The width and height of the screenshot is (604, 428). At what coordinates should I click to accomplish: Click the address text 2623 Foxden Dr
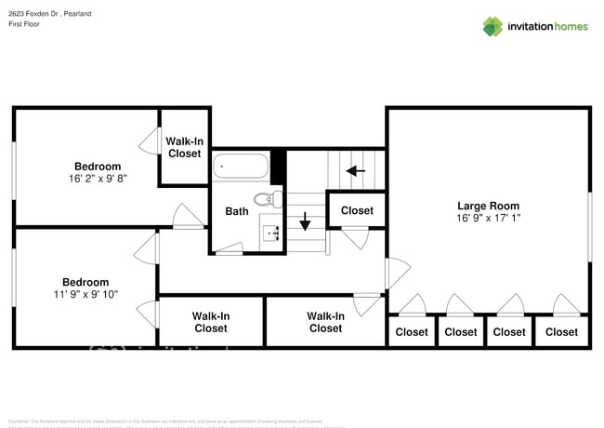(33, 15)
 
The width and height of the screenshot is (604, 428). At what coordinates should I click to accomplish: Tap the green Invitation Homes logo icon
(492, 26)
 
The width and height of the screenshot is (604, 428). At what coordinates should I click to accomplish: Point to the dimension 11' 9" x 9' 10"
(85, 295)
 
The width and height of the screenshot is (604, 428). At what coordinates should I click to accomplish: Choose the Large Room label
(488, 206)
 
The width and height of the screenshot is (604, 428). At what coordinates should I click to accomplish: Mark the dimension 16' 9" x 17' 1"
(488, 220)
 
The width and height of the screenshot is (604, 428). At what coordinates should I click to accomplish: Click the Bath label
(237, 211)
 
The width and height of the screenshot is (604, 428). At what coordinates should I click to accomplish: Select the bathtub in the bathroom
(241, 167)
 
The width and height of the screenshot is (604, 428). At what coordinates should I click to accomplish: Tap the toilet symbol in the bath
(267, 197)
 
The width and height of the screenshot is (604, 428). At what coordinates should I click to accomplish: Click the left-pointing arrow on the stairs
(354, 170)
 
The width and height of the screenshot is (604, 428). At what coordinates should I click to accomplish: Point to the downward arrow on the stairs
(304, 222)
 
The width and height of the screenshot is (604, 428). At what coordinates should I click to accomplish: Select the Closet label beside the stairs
(357, 210)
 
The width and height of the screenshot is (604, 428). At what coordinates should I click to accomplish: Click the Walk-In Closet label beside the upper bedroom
(184, 147)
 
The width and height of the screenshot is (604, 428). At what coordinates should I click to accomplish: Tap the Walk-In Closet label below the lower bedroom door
(211, 322)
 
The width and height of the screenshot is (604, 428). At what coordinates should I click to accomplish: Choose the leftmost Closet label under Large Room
(412, 332)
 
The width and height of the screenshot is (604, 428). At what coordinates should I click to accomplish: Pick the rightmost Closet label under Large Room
(561, 332)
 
